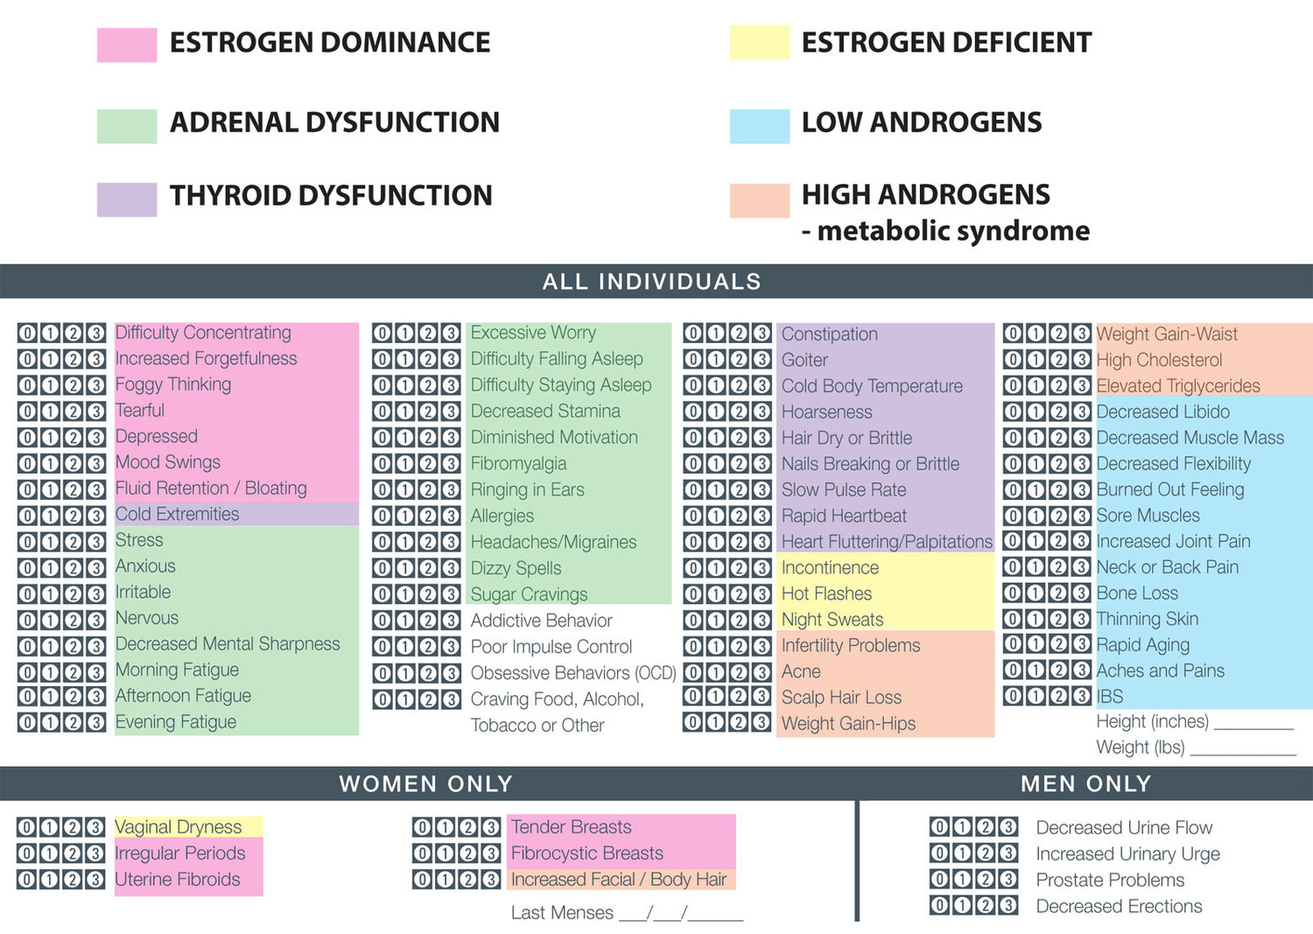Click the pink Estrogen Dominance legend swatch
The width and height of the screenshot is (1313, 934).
[x=127, y=45]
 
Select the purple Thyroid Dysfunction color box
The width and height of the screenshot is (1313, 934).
[x=127, y=200]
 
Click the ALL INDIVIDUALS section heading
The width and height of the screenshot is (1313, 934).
[x=651, y=281]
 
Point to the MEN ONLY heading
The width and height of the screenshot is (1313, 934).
[x=1085, y=783]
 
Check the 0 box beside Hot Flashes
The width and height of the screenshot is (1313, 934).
[x=693, y=594]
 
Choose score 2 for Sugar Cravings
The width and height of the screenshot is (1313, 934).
[x=428, y=594]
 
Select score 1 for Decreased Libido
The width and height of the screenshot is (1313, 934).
[x=1036, y=411]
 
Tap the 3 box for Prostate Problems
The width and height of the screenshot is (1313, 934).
[x=1008, y=880]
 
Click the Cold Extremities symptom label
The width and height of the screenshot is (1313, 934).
[x=178, y=514]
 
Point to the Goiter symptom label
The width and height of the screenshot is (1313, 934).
[x=804, y=360]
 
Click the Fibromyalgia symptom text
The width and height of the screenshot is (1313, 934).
[x=518, y=464]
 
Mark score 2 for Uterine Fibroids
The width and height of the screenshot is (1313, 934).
[x=73, y=880]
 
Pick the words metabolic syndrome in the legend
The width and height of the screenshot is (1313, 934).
[x=953, y=231]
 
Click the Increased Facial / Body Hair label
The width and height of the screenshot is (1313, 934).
[x=619, y=879]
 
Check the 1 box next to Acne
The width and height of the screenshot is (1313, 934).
[x=716, y=672]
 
